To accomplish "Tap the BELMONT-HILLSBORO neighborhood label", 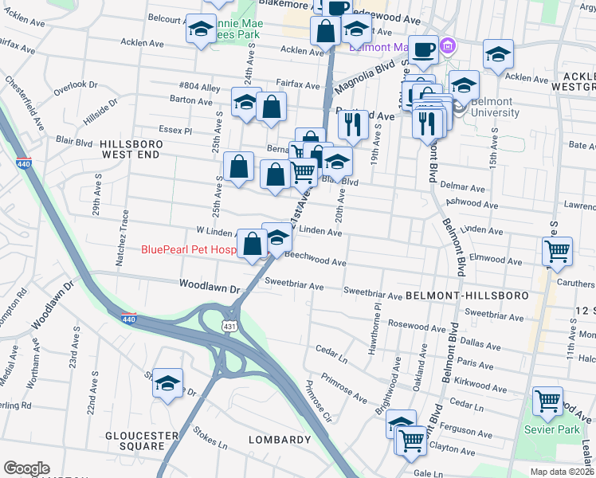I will pyautogui.click(x=467, y=296).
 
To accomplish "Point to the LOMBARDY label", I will pyautogui.click(x=279, y=440).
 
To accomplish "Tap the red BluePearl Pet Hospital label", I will pyautogui.click(x=189, y=249).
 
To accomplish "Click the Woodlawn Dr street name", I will pyautogui.click(x=210, y=284).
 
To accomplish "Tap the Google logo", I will pyautogui.click(x=26, y=468).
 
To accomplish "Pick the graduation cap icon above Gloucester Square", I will pyautogui.click(x=167, y=382).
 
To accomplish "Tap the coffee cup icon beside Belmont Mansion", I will pyautogui.click(x=423, y=49).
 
